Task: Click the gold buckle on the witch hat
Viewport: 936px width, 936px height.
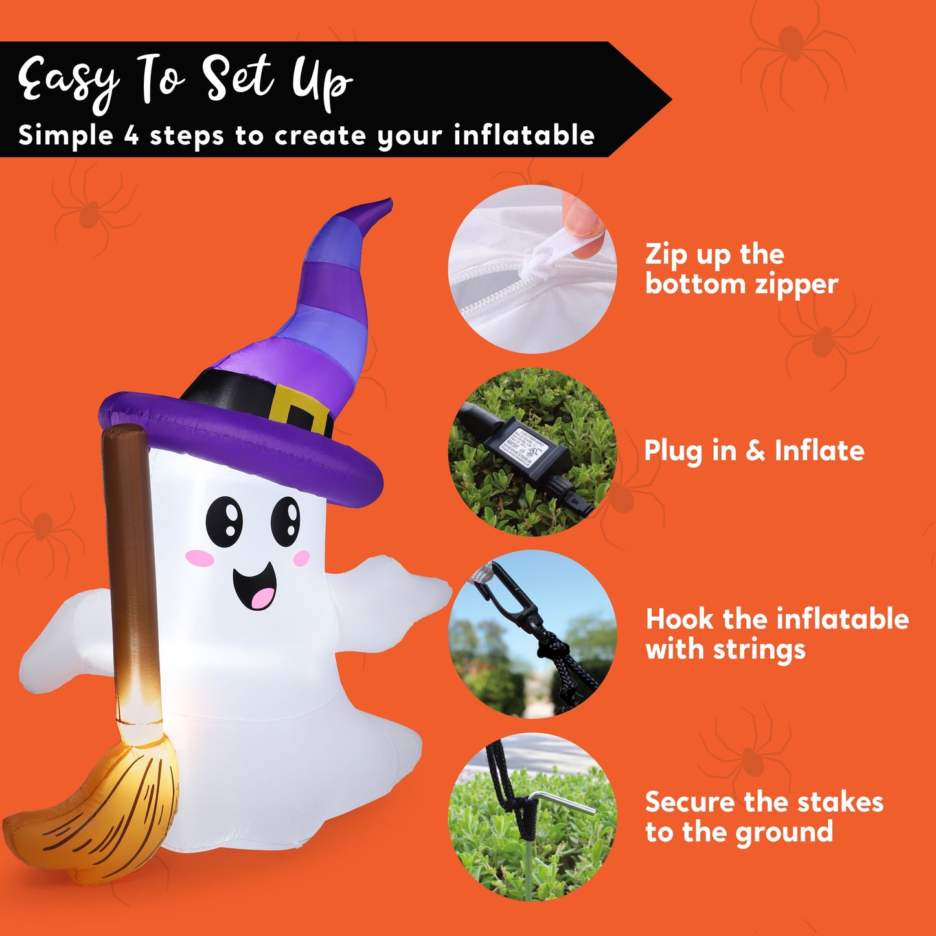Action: pos(299,410)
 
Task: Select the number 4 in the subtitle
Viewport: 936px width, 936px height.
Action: pos(131,136)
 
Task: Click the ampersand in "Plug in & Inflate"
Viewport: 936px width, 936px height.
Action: pos(755,451)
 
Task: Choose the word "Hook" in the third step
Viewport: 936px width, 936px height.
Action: pos(680,619)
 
